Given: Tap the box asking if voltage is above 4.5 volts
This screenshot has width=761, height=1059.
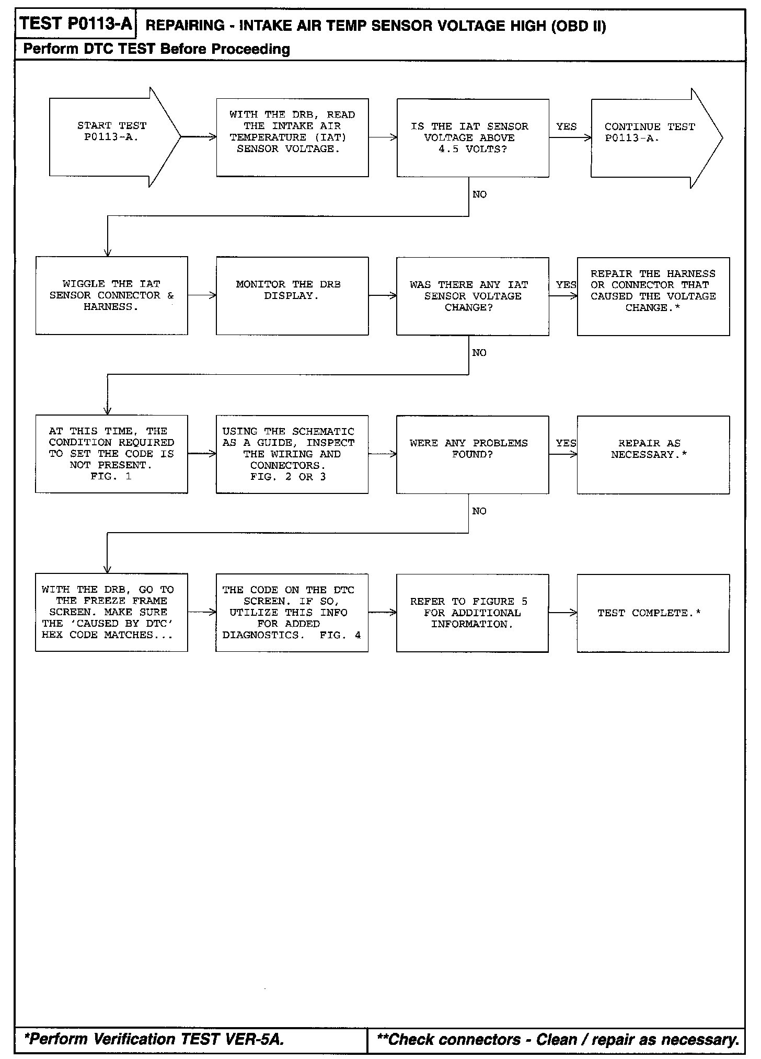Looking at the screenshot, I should coord(472,138).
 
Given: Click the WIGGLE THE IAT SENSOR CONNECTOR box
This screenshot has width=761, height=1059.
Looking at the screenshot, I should coord(111,295).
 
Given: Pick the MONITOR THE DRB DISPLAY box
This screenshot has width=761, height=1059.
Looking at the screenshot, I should coord(292,296).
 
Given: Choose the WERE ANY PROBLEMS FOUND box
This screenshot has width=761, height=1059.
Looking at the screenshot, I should coord(472,454).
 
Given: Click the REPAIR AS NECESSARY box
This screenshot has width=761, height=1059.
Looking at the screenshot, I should coord(653,454).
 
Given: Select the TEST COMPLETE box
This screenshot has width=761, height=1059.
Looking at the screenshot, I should coord(653,613).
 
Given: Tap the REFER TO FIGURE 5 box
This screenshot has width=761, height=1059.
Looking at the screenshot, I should coord(472,613).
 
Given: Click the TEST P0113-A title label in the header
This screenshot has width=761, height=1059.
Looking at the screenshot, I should coord(76,24).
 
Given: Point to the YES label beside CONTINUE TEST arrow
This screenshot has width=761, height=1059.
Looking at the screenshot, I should coord(567,126).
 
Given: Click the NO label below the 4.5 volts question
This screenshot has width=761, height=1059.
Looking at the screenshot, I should coord(479,194).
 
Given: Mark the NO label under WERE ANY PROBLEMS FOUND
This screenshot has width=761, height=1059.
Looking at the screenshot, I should coord(479,511).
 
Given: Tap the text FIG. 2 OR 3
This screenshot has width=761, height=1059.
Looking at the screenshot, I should coord(288,477).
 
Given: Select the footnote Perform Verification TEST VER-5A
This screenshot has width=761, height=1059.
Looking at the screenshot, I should coord(154,1039).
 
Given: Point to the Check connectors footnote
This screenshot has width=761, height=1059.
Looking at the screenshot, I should coord(558,1039).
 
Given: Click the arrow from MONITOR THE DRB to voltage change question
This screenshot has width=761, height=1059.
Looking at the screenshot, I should coord(382,296).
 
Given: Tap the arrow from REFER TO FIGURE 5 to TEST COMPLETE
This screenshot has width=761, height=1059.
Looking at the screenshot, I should coord(562,613).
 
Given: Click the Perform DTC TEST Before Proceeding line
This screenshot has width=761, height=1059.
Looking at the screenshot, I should coord(157,49).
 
